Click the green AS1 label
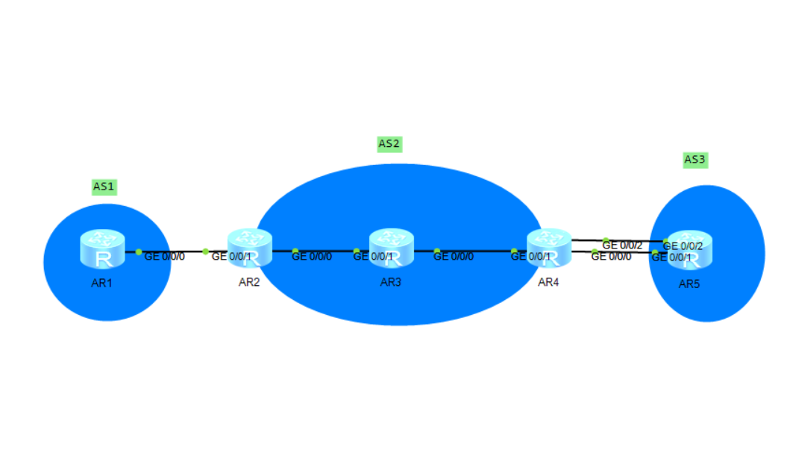103,187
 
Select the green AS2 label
389,144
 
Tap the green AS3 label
695,160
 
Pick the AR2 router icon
250,249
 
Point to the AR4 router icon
548,249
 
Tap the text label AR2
248,283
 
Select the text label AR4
548,282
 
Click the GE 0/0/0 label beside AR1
164,256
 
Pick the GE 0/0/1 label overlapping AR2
231,257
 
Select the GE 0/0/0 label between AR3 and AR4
453,257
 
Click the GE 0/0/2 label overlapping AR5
683,246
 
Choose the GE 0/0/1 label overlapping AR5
671,257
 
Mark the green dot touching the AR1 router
139,252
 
